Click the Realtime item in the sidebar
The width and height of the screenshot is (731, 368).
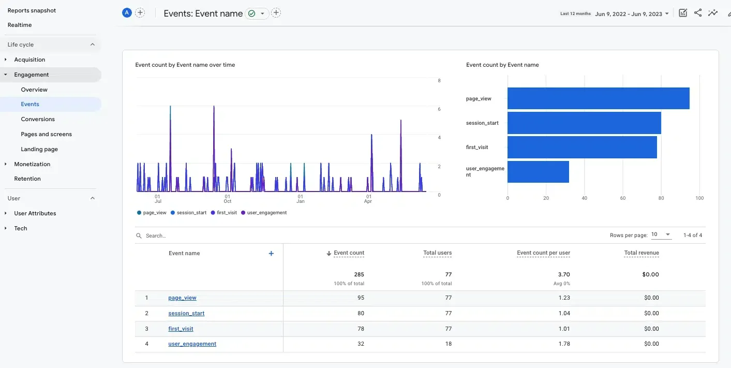(x=20, y=25)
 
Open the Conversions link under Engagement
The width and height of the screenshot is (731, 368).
(x=38, y=119)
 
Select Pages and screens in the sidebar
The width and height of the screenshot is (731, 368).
(x=46, y=134)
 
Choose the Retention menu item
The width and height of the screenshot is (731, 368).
(x=27, y=179)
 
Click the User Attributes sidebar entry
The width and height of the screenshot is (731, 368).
(x=35, y=213)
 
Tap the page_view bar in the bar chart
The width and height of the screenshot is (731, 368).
(x=598, y=98)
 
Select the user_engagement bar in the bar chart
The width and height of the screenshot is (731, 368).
(x=538, y=172)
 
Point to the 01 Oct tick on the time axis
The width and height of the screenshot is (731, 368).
(x=227, y=198)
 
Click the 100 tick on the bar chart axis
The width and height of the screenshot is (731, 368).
(x=699, y=198)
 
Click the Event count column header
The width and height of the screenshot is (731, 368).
(x=349, y=253)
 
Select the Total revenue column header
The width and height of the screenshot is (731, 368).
(x=641, y=253)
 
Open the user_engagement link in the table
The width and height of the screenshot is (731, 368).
(x=192, y=344)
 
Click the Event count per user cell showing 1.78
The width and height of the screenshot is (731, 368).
(x=564, y=344)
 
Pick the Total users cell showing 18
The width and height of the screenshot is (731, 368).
(x=448, y=344)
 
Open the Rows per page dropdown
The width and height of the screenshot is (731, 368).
(x=661, y=234)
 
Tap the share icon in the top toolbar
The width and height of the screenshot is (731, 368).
(x=698, y=13)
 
